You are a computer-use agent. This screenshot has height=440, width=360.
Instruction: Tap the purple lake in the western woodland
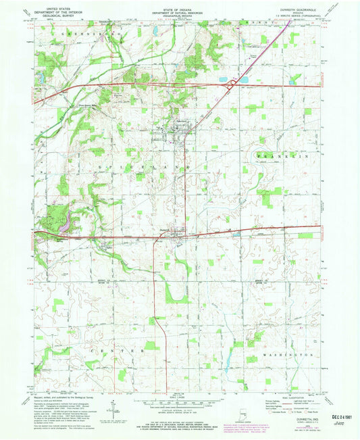coord(64,228)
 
